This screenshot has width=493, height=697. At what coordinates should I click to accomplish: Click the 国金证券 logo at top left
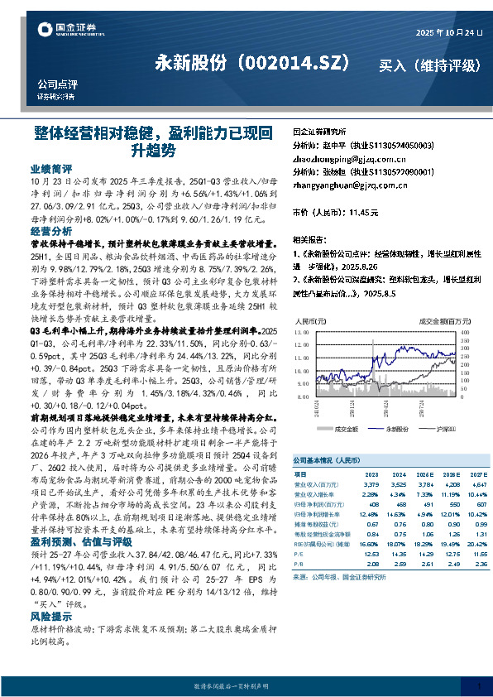[63, 31]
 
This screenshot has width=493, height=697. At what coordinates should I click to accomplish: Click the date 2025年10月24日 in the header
[448, 31]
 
